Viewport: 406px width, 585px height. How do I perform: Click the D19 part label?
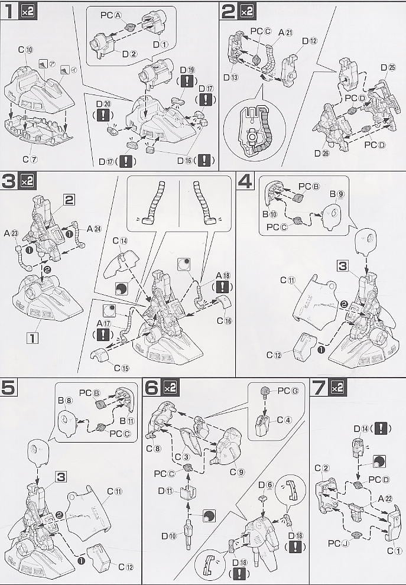click(x=187, y=70)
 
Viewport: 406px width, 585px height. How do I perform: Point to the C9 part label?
click(x=237, y=472)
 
